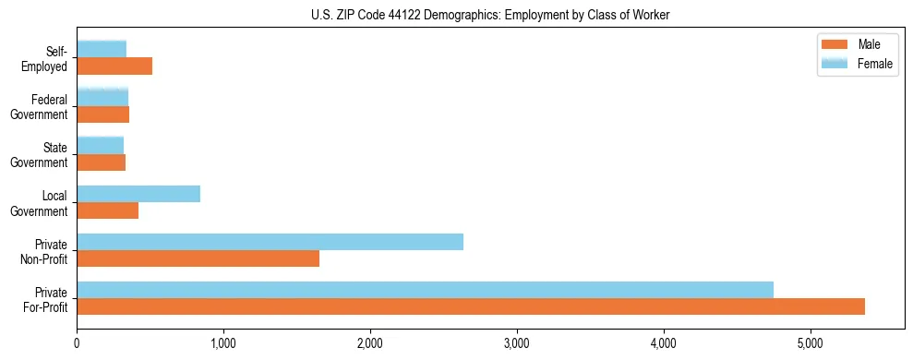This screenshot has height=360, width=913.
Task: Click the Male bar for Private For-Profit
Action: (x=471, y=307)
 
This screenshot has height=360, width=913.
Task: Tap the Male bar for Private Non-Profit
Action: (x=198, y=258)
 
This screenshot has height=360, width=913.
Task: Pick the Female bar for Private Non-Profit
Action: (x=270, y=242)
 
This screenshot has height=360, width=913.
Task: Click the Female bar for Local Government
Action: (x=138, y=194)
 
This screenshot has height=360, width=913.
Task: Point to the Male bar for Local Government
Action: (x=107, y=210)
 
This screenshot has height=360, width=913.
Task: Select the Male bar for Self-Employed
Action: (x=114, y=66)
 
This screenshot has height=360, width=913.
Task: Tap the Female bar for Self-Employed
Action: (x=102, y=49)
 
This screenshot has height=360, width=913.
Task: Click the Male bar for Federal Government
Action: (x=102, y=114)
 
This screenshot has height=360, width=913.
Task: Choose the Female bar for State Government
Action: (x=100, y=145)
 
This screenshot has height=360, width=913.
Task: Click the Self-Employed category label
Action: (x=45, y=58)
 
